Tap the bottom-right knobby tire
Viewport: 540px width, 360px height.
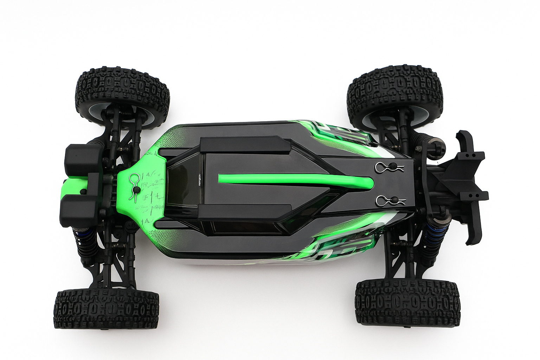[407, 303]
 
